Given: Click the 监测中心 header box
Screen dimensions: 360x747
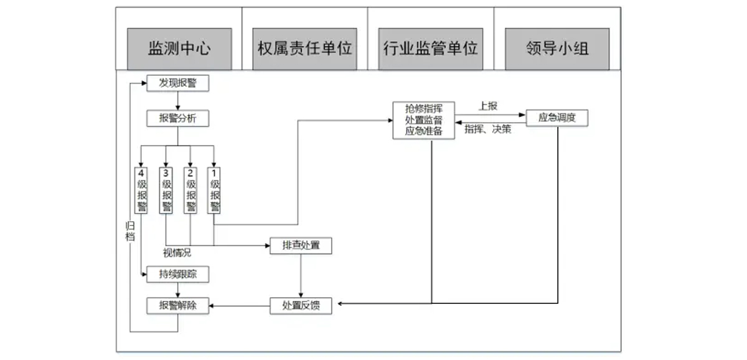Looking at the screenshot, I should pos(180,49).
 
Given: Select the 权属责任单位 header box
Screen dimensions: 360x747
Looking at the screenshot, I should pos(305,49).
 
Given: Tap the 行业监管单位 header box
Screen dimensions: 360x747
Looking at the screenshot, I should pos(431,49).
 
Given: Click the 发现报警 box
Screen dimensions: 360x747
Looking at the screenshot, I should pos(177,83).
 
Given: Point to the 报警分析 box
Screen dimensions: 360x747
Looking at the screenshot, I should pos(177,118).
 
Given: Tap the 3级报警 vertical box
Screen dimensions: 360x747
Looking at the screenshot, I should pos(166,191).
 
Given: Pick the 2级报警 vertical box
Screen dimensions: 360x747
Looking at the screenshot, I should pos(190,191).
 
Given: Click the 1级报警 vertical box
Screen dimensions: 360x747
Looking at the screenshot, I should pos(215,191).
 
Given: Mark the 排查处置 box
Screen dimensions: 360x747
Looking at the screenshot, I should pos(301,246).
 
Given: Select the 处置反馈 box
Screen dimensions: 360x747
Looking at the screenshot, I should pos(301,306).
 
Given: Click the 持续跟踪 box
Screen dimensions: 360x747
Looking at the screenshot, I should pos(177,273).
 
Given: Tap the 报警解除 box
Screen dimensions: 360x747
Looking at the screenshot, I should pos(177,306).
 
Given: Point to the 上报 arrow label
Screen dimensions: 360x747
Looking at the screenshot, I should pos(488,107).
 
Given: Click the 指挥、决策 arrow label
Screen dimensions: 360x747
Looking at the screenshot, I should pos(489,131).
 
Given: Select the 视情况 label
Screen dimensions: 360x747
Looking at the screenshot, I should pos(177,253).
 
